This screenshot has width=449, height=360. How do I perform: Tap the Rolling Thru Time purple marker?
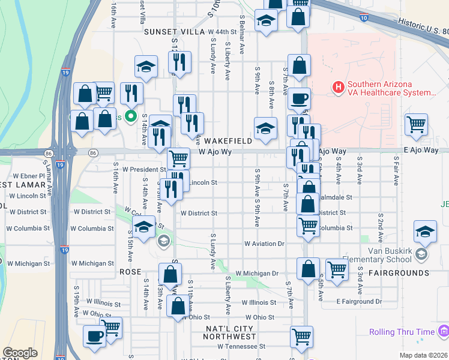pos(444,331)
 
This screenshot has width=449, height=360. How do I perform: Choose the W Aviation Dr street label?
pos(264,244)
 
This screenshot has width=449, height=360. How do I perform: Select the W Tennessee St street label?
pos(241,346)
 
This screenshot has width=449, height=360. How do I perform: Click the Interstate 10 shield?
pos(364,19)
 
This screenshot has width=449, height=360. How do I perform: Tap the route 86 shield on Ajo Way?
pos(91,153)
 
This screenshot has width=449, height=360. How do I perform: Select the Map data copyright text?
pos(424,355)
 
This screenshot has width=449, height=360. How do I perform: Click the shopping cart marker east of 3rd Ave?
pos(415,124)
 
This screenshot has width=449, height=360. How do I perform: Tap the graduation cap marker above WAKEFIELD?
pos(265,127)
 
